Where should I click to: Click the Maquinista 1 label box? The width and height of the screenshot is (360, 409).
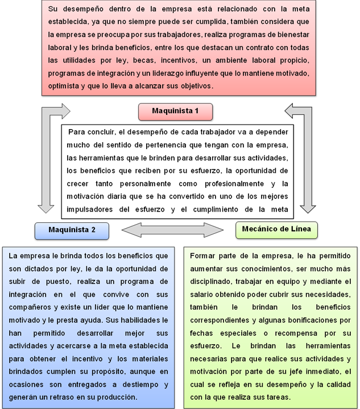tap(175, 111)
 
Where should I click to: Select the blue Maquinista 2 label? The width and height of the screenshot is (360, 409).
tap(72, 230)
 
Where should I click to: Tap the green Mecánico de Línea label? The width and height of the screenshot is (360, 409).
tap(276, 230)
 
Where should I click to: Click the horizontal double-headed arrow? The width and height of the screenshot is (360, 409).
tap(172, 230)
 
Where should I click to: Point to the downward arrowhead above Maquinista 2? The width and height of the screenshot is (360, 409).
tap(46, 209)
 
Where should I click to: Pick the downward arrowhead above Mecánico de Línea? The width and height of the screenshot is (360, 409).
tap(308, 209)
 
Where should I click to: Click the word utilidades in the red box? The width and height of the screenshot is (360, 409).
tap(79, 60)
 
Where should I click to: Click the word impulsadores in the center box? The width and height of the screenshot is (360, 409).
tap(89, 210)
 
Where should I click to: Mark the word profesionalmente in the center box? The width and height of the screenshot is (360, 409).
tap(234, 184)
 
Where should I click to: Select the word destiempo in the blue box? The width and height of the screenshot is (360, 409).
tap(140, 385)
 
